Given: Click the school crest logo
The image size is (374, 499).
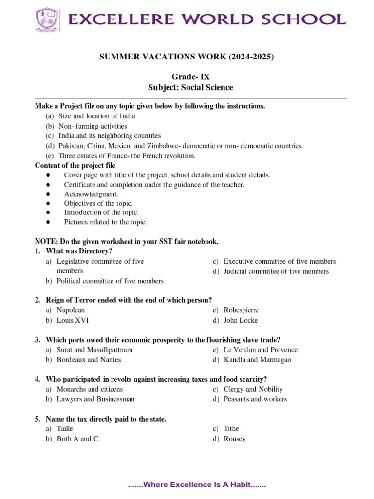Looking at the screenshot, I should point(47,19).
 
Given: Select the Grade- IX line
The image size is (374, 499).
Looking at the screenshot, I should point(190,77).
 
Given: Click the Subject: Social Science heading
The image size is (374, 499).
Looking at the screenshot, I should point(190,88).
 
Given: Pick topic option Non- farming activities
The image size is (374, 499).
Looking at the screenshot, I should point(93,126).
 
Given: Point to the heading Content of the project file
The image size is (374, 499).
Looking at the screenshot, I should point(75,166).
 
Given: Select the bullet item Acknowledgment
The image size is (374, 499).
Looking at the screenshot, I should point(91,194).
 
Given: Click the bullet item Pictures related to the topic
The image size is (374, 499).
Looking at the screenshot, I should point(105,222).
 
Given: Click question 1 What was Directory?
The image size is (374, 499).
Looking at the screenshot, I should point(79,251).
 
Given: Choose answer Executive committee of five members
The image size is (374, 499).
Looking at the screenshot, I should point(280,262).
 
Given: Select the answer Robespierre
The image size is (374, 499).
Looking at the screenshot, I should point(241,310).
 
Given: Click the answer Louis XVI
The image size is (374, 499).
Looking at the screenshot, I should point(73,321).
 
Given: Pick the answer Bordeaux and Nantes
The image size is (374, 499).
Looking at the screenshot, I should point(89,360).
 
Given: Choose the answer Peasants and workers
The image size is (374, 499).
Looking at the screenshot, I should point(255,399).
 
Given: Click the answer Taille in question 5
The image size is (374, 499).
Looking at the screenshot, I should point(65,429).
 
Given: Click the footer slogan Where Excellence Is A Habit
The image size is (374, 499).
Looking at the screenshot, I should point(197,485).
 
